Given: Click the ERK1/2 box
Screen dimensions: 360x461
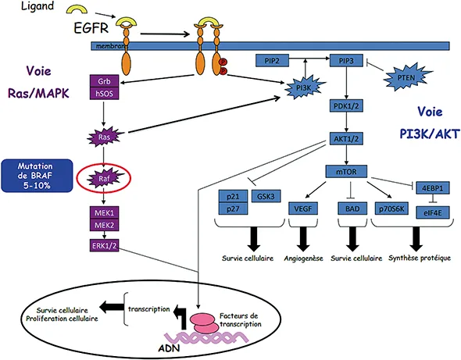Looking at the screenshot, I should click(104, 247).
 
